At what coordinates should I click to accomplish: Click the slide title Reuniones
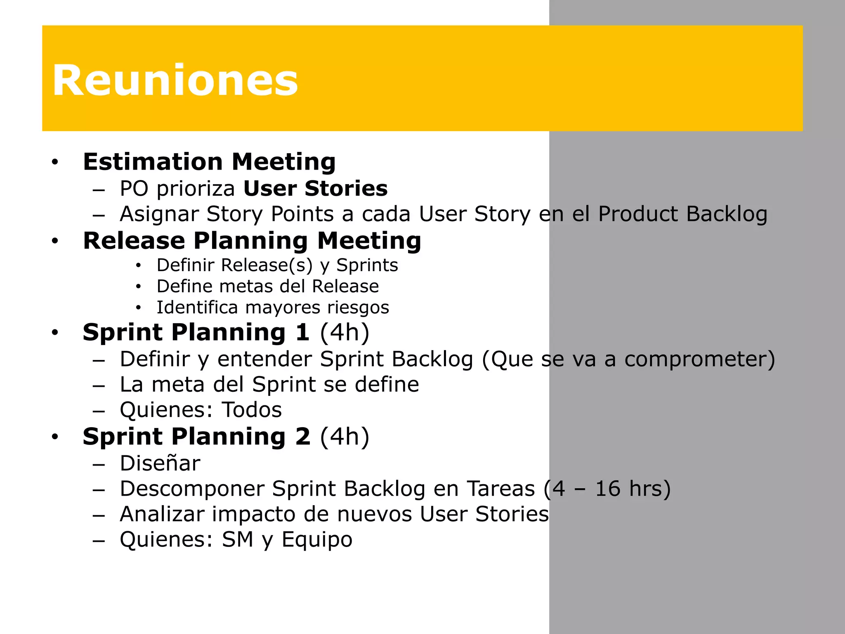[x=175, y=80]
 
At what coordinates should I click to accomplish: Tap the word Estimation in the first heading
[x=152, y=161]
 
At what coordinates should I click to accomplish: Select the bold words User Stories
[x=316, y=189]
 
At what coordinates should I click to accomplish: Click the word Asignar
[x=159, y=215]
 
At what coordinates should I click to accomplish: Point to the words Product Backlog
[x=682, y=214]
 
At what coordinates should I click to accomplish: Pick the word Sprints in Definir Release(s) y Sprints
[x=367, y=265]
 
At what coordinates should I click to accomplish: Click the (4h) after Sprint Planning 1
[x=345, y=332]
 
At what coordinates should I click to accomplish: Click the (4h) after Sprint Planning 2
[x=345, y=437]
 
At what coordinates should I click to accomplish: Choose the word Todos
[x=252, y=410]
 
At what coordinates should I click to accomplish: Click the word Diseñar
[x=160, y=463]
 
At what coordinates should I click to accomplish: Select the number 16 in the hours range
[x=607, y=489]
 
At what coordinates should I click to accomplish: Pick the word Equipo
[x=317, y=540]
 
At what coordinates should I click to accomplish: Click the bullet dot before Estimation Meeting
[x=55, y=162]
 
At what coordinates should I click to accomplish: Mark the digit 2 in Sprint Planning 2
[x=303, y=437]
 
